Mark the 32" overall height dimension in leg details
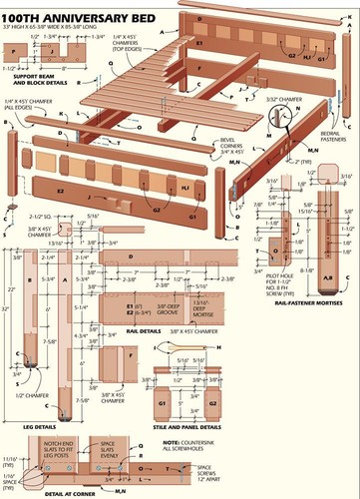tap(8, 309)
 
